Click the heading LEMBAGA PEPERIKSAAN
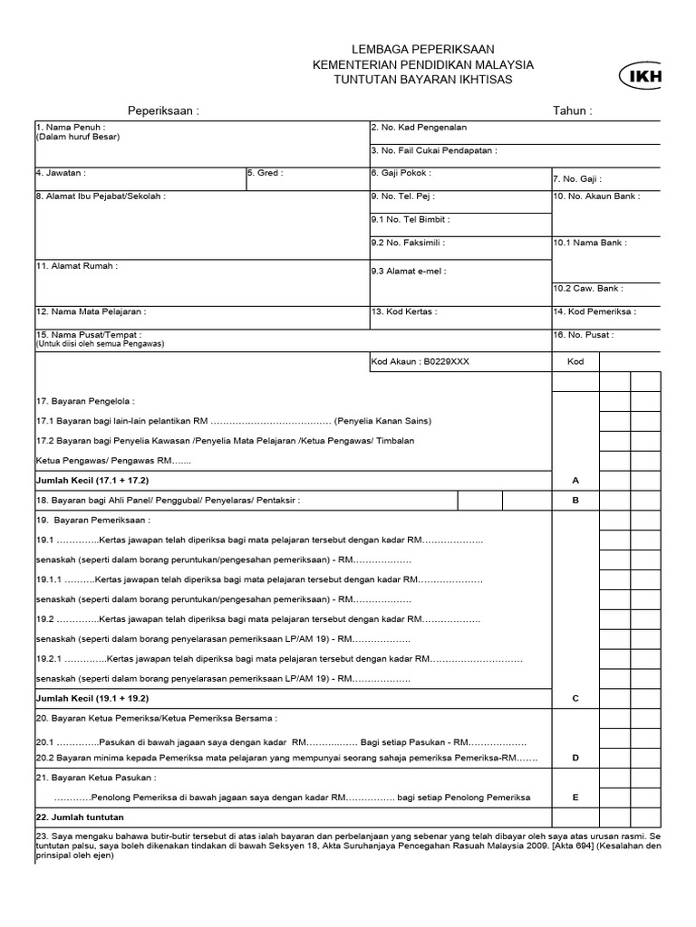pyautogui.click(x=422, y=49)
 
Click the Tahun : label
pyautogui.click(x=572, y=110)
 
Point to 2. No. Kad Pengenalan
pyautogui.click(x=419, y=128)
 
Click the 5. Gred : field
pyautogui.click(x=265, y=172)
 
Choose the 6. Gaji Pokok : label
pyautogui.click(x=401, y=172)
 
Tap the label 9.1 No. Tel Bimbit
pyautogui.click(x=410, y=219)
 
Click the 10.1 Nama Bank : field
pyautogui.click(x=589, y=243)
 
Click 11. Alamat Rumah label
pyautogui.click(x=77, y=266)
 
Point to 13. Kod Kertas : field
pyautogui.click(x=404, y=311)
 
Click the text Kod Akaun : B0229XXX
pyautogui.click(x=420, y=361)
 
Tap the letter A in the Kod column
pyautogui.click(x=575, y=481)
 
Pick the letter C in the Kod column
pyautogui.click(x=575, y=698)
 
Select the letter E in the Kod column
pyautogui.click(x=575, y=798)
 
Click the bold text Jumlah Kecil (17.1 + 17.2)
pyautogui.click(x=92, y=481)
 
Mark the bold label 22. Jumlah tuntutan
pyautogui.click(x=80, y=817)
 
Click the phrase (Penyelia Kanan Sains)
pyautogui.click(x=382, y=421)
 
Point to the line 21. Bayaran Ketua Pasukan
pyautogui.click(x=96, y=778)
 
